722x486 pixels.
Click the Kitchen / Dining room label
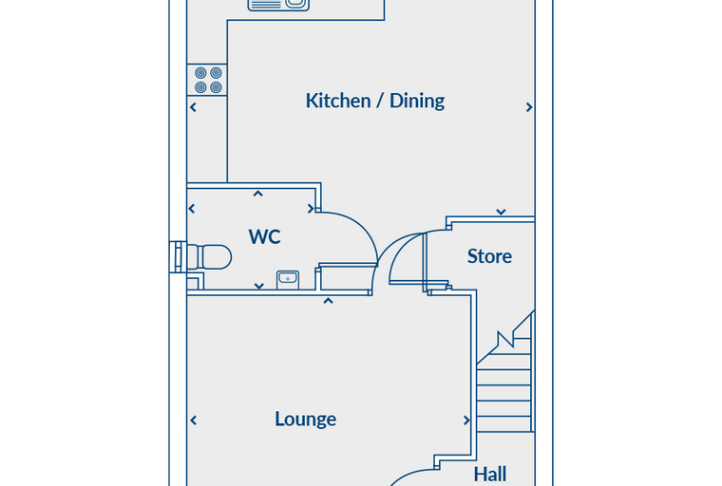[x=375, y=101]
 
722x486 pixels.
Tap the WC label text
[x=264, y=236]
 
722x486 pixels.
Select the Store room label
[x=489, y=256]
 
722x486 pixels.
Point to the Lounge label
[x=306, y=420]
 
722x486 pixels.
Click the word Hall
[x=490, y=474]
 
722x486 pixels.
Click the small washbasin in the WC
[x=288, y=280]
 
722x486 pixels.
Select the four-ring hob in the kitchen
[x=208, y=80]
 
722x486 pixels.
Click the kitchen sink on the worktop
[x=278, y=5]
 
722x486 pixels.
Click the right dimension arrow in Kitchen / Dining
[x=529, y=107]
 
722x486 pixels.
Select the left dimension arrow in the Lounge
[x=194, y=421]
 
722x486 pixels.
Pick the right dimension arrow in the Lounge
[x=466, y=421]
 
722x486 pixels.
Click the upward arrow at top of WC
[x=257, y=194]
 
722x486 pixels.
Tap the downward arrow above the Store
[x=501, y=212]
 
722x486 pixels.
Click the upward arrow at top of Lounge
[x=328, y=301]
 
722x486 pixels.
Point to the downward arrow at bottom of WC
[x=258, y=287]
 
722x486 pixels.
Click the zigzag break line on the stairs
[x=505, y=338]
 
